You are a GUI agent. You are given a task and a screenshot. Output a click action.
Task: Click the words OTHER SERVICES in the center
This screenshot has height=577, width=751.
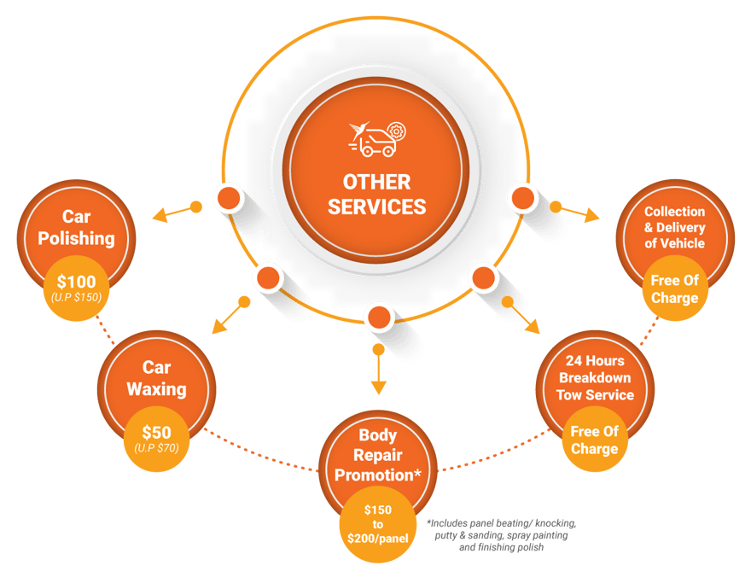click(376, 194)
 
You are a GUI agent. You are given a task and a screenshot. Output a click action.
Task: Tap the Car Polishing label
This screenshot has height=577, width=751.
click(76, 227)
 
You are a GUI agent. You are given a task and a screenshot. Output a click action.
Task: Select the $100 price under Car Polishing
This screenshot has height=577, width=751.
click(76, 281)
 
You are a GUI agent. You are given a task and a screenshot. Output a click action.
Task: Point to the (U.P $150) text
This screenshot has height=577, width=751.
click(76, 297)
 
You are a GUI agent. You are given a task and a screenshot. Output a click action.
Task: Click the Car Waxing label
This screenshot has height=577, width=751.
click(156, 378)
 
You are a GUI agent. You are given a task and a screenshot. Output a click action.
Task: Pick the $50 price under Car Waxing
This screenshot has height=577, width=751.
click(156, 431)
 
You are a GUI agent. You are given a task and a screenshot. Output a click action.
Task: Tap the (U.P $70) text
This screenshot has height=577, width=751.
click(156, 446)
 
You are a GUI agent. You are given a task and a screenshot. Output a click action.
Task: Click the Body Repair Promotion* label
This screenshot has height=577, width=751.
click(378, 455)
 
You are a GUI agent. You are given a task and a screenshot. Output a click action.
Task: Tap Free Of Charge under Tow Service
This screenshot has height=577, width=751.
click(595, 440)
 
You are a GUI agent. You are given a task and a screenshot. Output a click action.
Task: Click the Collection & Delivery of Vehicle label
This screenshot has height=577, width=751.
click(674, 227)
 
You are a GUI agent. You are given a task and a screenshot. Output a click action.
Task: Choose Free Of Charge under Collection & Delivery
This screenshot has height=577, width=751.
click(674, 288)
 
